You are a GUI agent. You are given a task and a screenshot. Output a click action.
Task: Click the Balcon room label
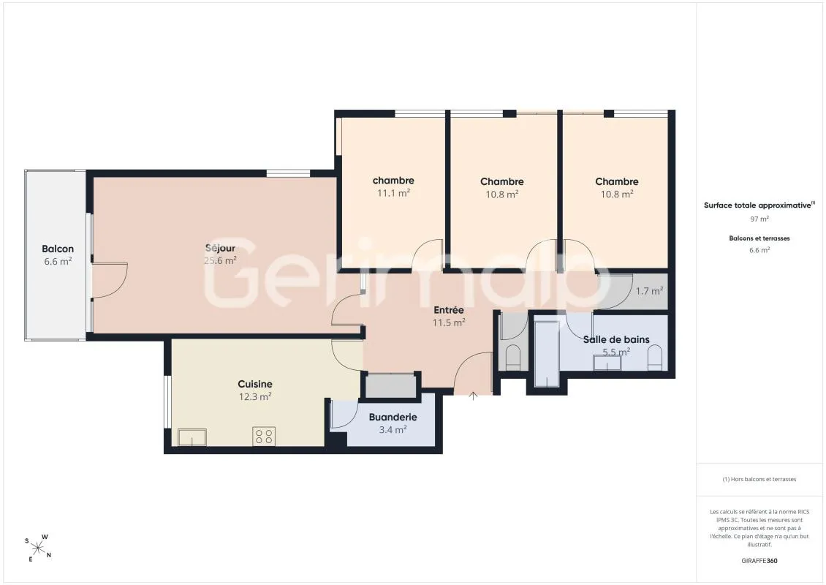click(58, 249)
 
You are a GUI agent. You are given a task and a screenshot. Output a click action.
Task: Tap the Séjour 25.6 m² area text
click(220, 260)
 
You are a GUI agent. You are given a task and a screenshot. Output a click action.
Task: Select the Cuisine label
click(255, 384)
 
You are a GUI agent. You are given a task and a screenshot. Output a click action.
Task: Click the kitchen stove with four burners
click(264, 437)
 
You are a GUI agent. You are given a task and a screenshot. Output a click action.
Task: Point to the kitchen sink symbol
click(192, 437)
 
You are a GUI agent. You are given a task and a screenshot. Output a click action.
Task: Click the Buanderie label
click(393, 417)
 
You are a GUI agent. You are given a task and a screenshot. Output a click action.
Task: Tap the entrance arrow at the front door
click(473, 396)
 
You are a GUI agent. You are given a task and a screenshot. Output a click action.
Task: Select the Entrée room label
click(449, 310)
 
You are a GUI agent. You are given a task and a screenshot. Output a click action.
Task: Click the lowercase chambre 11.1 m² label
click(393, 186)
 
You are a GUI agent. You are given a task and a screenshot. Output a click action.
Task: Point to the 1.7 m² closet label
click(649, 291)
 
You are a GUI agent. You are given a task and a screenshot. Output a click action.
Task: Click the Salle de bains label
click(616, 339)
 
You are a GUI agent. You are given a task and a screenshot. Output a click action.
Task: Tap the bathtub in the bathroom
click(547, 352)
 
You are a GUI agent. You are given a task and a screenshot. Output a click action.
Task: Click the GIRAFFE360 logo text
click(759, 561)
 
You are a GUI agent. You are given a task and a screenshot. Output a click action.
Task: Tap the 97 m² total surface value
click(759, 219)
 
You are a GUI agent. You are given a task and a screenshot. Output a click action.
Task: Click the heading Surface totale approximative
click(757, 205)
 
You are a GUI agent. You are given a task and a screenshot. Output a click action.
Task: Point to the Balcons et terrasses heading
click(759, 238)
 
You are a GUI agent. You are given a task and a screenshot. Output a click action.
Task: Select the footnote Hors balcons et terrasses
click(759, 479)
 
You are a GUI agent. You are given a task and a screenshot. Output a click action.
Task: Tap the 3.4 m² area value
click(393, 429)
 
